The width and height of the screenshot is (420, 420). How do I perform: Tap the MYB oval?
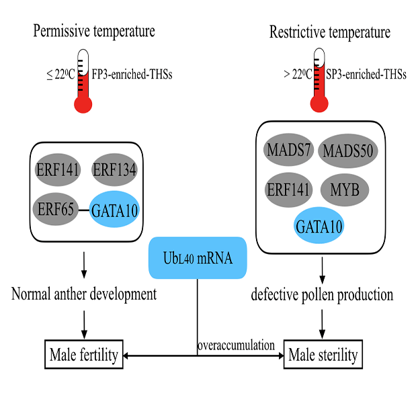tap(345, 190)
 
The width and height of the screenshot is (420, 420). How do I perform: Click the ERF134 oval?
tap(114, 170)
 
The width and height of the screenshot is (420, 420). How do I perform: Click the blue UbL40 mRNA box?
tap(197, 257)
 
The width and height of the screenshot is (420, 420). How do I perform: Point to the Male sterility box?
tap(323, 355)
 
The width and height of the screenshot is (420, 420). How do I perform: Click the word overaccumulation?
tap(236, 345)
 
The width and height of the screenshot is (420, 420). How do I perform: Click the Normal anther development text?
tap(84, 294)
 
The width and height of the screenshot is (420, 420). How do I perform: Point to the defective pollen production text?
tap(323, 294)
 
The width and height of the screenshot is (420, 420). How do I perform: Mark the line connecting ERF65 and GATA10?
tap(85, 211)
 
